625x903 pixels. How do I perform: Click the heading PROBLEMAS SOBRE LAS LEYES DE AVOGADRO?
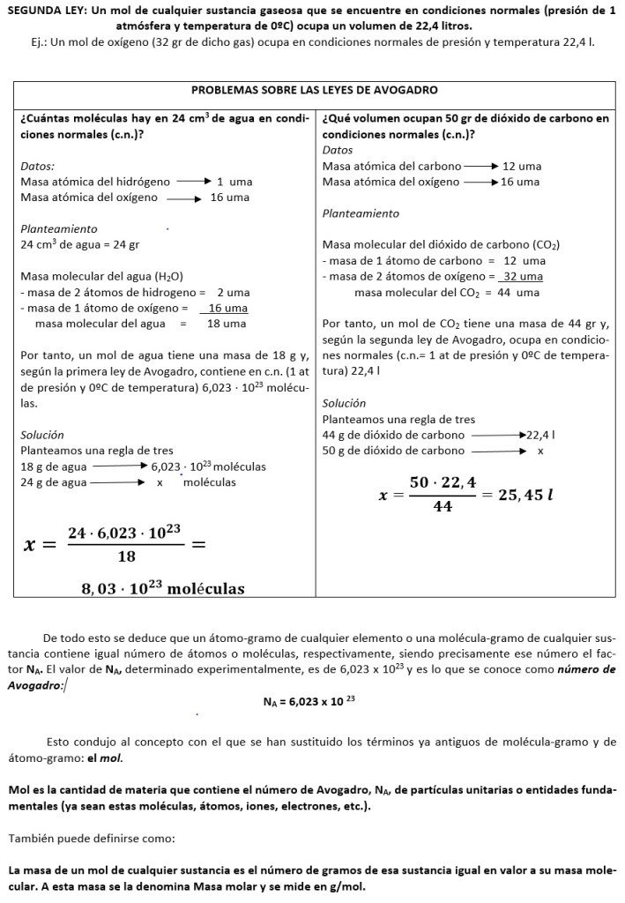point(315,90)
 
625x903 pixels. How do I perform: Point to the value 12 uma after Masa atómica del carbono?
point(522,166)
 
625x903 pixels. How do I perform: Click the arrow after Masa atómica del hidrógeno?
point(194,181)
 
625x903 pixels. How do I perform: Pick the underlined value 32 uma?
point(523,276)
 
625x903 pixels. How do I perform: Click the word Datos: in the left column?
point(37,165)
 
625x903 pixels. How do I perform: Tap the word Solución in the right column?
point(343,403)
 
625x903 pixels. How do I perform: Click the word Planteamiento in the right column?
point(361,213)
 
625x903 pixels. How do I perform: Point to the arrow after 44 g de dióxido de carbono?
point(499,435)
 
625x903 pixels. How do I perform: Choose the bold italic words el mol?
point(110,757)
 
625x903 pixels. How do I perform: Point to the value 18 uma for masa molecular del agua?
point(226,324)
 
